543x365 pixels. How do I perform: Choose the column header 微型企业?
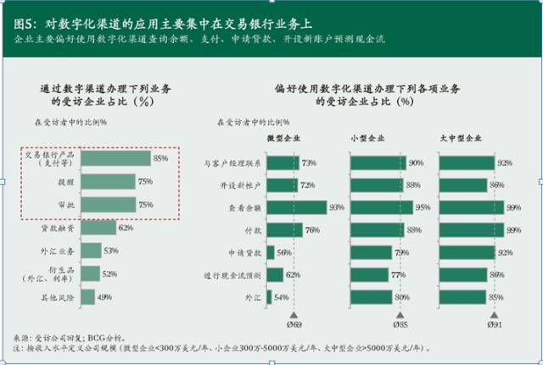pyautogui.click(x=283, y=138)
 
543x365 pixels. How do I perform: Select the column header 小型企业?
pyautogui.click(x=366, y=138)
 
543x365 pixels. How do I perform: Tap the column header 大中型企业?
pyautogui.click(x=462, y=138)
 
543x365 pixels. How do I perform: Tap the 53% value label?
pyautogui.click(x=110, y=251)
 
